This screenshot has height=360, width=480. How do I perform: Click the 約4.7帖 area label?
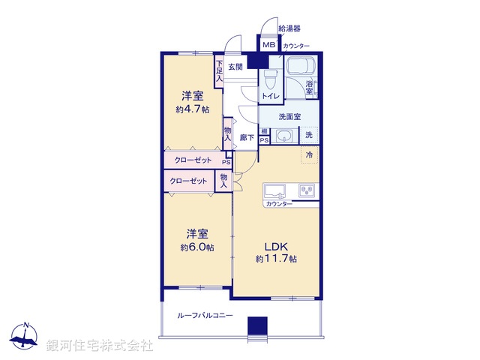point(193,109)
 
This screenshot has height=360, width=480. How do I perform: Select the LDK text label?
point(275,246)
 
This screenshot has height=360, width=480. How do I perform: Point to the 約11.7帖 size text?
point(275,259)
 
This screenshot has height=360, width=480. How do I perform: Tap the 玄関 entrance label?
point(235,67)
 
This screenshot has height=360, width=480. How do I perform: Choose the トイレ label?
point(270,96)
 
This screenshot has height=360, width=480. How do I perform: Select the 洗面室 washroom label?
point(289,117)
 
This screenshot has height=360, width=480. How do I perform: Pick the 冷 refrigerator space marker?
point(309,154)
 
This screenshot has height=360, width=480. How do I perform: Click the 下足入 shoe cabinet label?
point(220,70)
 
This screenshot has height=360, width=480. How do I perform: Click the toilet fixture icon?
point(271,79)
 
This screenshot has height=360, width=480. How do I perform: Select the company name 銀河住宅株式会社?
point(99,346)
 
